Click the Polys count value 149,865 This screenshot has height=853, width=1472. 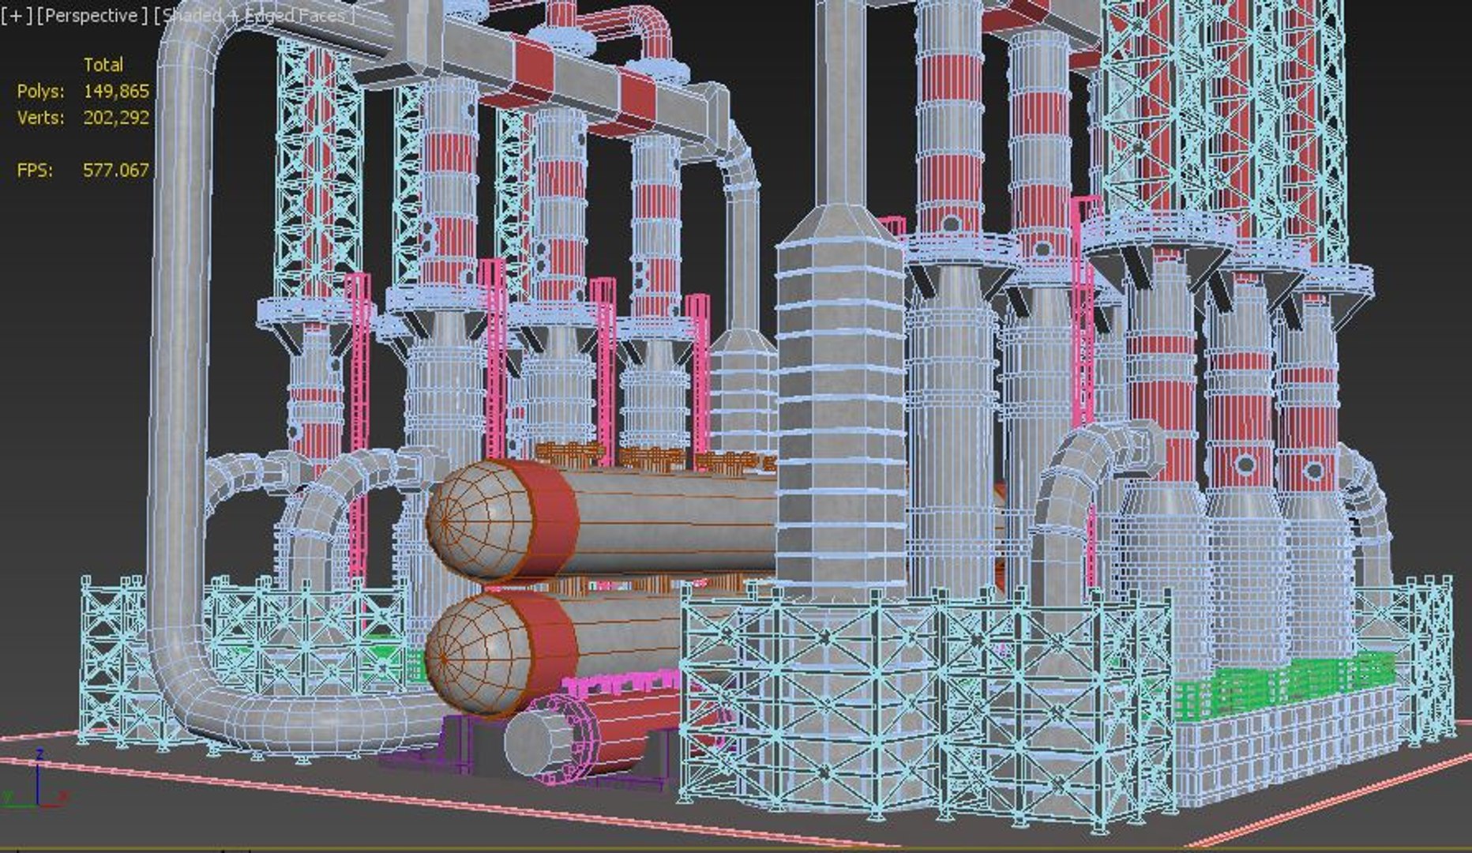point(116,92)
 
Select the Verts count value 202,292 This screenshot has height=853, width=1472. point(116,118)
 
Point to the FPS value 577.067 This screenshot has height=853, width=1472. point(116,170)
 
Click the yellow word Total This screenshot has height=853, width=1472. point(103,65)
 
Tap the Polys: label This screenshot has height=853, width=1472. point(40,92)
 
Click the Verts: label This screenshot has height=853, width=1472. point(40,118)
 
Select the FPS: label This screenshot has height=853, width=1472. point(35,170)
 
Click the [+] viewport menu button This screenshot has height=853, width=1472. point(17,15)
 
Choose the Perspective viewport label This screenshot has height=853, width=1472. point(92,15)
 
